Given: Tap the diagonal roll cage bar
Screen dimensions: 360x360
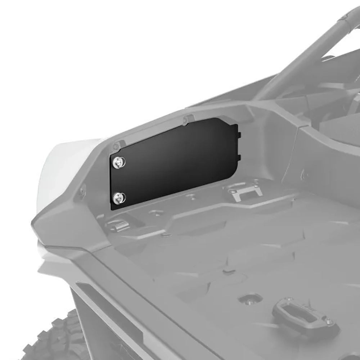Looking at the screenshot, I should [306, 54].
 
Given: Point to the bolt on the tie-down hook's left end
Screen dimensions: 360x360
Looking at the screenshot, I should [289, 300].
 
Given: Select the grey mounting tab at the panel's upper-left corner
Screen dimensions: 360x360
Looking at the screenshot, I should [116, 146].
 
